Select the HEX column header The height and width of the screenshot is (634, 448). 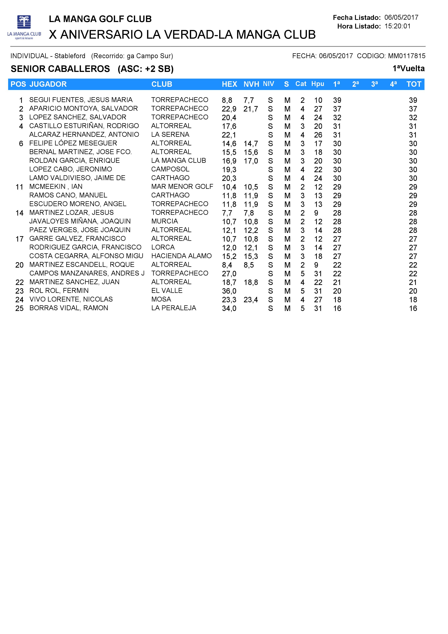point(229,84)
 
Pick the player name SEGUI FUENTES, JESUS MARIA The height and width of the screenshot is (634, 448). point(81,100)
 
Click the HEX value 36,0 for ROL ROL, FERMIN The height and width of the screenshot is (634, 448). point(229,291)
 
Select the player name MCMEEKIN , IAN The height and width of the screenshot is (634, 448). point(56,187)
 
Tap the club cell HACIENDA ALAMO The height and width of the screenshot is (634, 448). point(181,256)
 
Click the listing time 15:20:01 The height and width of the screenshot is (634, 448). point(397,26)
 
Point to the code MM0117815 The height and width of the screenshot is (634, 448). point(407,56)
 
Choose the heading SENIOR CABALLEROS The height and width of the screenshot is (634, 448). point(60,69)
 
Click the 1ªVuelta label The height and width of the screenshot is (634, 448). point(408,68)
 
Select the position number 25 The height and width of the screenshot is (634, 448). point(19,308)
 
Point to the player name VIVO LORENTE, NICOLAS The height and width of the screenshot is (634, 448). point(71,299)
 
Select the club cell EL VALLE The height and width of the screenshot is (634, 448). point(167,291)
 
